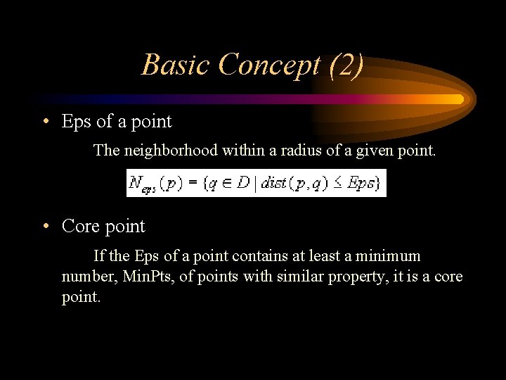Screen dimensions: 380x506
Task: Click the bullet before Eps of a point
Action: (45, 122)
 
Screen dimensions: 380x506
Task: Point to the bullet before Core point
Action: (45, 227)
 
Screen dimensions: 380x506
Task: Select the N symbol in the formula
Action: (135, 183)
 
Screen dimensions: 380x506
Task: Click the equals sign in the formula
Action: (190, 184)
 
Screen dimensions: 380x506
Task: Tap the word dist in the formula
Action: (272, 184)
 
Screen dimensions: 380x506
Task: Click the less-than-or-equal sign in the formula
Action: (337, 184)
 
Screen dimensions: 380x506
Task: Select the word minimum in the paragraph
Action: (389, 256)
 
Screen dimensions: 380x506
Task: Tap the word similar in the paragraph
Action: (293, 277)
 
